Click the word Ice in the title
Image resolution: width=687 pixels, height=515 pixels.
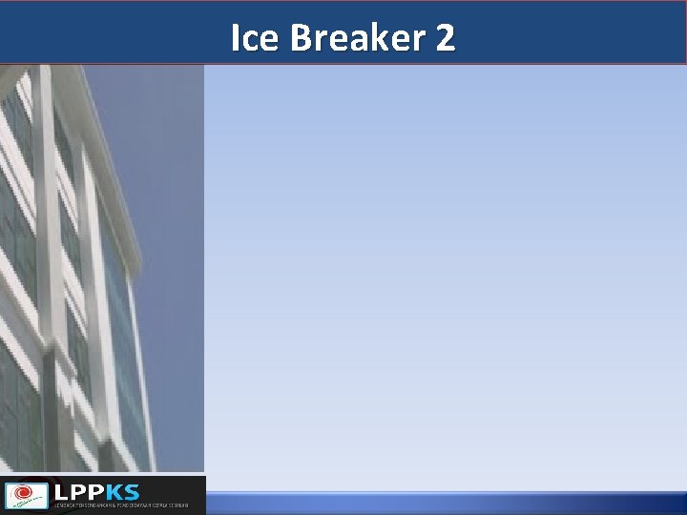[255, 37]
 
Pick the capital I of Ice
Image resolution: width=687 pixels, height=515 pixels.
[236, 37]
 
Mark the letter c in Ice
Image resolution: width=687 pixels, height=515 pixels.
[252, 39]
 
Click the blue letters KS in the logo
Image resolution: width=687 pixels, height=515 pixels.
[123, 492]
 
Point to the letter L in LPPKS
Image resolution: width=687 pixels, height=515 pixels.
[62, 492]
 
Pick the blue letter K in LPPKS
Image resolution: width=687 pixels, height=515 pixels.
[114, 492]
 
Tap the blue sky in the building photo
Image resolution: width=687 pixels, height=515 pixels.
[162, 143]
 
